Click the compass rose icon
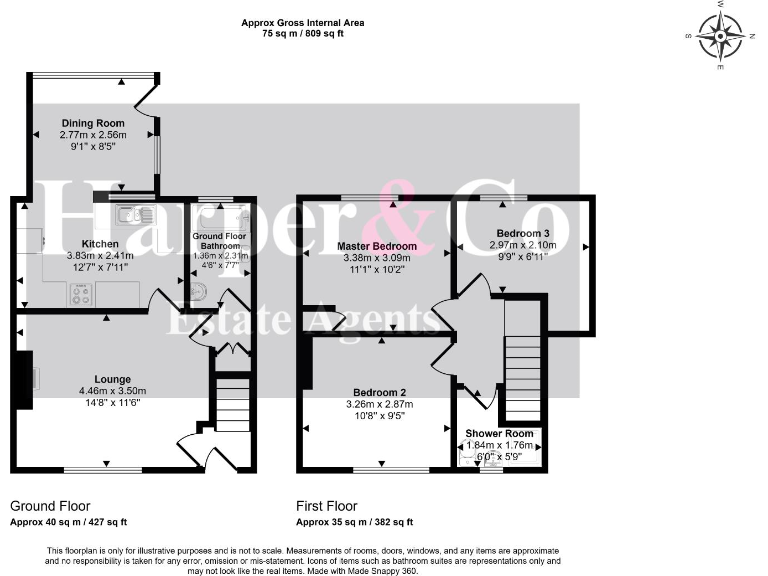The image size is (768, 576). click(x=720, y=37)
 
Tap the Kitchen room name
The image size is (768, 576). click(x=101, y=243)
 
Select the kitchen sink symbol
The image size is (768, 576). click(x=132, y=212)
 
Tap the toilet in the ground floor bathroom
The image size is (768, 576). click(x=199, y=291)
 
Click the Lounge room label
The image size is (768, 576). click(x=112, y=379)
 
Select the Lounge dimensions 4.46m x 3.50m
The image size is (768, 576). click(x=112, y=390)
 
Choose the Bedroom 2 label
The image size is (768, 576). click(x=379, y=392)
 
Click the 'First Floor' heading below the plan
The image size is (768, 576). click(x=326, y=506)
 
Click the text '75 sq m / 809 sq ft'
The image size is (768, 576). click(x=303, y=33)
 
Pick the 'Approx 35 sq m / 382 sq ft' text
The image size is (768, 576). click(x=354, y=522)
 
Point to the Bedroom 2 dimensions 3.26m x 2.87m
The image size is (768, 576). click(x=379, y=404)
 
